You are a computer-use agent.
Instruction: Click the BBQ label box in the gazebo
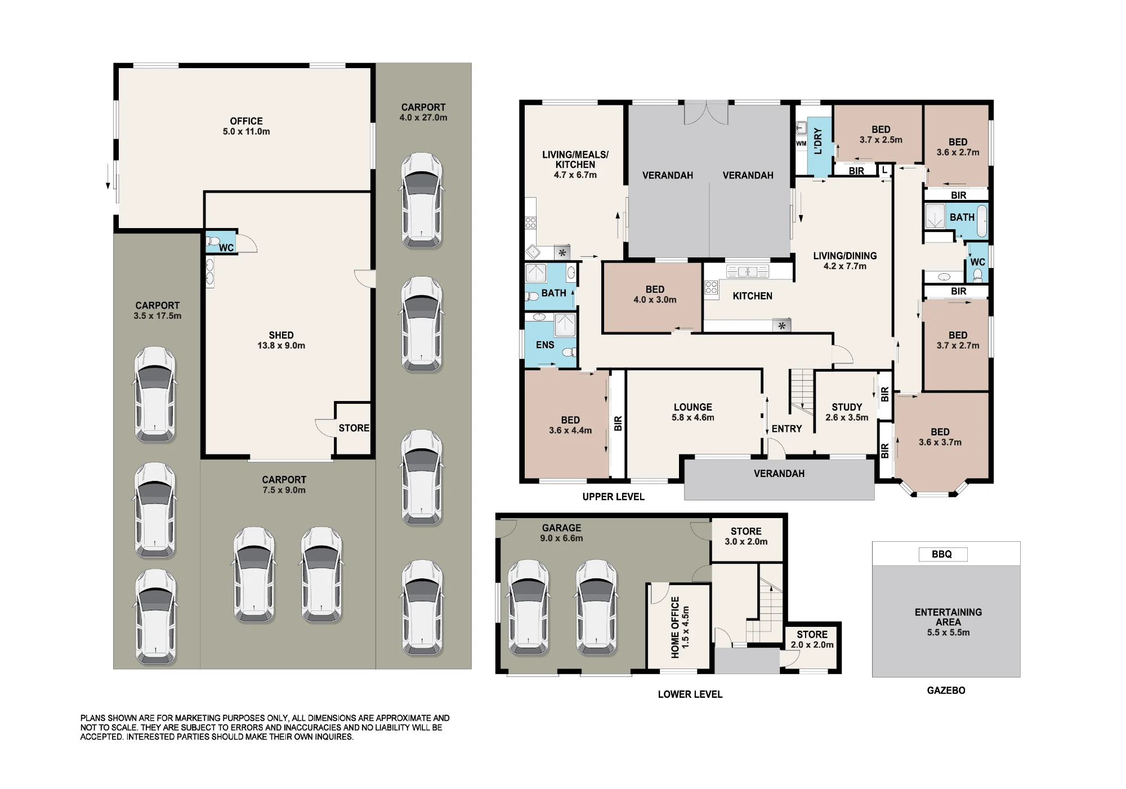tap(942, 554)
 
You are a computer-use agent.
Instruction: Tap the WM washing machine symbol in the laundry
tap(801, 144)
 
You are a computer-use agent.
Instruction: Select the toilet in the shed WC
tap(212, 242)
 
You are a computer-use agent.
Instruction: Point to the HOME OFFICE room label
tap(680, 627)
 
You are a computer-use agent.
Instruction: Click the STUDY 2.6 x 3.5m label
tap(847, 412)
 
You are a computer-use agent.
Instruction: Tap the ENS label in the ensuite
tap(545, 345)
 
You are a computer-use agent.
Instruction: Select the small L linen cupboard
tap(885, 170)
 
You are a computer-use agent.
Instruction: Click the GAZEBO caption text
tap(946, 690)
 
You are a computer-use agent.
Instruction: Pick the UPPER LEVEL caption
tap(613, 497)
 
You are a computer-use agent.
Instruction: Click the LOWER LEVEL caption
tap(690, 694)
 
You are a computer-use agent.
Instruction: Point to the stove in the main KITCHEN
tap(711, 288)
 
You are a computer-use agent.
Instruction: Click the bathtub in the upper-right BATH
tap(981, 221)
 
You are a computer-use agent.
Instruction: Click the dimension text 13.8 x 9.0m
tap(281, 346)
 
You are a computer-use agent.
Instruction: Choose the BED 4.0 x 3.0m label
tap(655, 295)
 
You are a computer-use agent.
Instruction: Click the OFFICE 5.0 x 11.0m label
tap(246, 126)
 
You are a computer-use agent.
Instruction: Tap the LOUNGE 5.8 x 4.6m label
tap(692, 412)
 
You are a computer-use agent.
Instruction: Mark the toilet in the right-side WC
tap(978, 275)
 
